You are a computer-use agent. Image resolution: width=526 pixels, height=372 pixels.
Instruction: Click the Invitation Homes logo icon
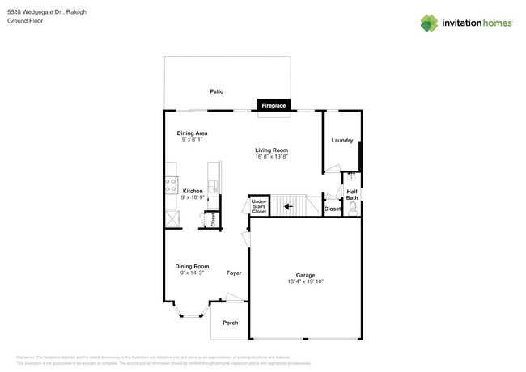tap(428, 23)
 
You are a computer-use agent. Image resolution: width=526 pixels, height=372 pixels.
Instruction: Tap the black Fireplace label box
tap(274, 105)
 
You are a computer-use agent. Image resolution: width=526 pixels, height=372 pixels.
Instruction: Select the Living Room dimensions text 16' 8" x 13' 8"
tap(272, 156)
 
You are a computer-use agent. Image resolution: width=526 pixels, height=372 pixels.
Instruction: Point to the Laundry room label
tap(341, 140)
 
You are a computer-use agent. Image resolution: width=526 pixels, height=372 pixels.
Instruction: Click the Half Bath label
tap(352, 195)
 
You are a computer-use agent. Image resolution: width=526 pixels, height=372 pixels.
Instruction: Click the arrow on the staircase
tap(288, 206)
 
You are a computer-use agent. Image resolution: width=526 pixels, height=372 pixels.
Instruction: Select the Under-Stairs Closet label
tap(259, 205)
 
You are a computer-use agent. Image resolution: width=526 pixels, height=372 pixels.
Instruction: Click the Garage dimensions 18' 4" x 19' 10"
tap(305, 281)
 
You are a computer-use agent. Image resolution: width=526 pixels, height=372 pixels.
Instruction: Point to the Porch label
tap(231, 323)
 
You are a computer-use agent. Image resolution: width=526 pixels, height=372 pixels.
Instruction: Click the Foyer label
tap(234, 273)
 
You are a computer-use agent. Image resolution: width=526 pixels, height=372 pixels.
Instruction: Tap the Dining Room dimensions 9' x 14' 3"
tap(193, 273)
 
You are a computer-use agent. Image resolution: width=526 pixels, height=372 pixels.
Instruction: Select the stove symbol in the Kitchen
tap(171, 184)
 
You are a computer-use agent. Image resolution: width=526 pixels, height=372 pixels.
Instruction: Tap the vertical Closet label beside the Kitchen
tap(213, 218)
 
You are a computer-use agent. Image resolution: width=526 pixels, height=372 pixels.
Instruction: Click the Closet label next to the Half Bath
tap(332, 209)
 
